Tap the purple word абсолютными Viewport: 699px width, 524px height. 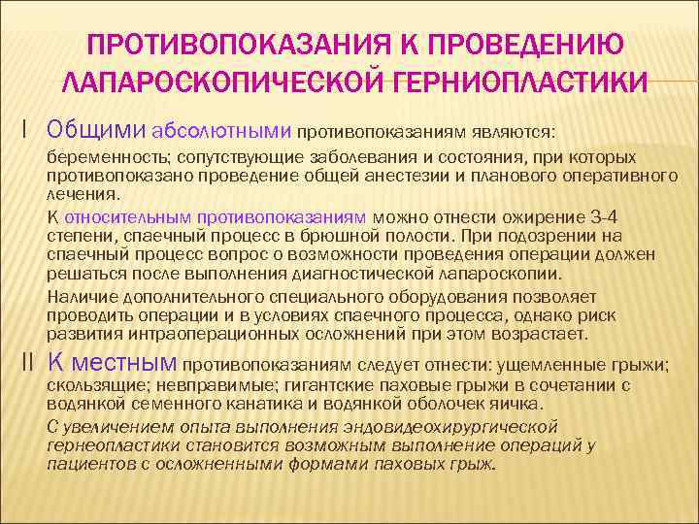[x=221, y=130]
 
